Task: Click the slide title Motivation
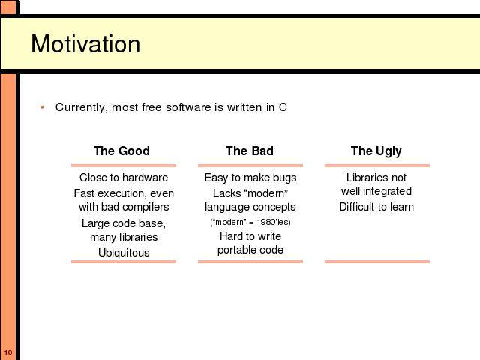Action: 85,44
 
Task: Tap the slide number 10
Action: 8,352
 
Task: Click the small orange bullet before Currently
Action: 42,107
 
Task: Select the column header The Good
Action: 121,151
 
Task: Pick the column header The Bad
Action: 250,151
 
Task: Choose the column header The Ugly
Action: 376,151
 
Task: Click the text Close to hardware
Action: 124,178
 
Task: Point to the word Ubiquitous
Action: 124,253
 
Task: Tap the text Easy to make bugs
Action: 250,178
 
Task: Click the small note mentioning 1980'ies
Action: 250,222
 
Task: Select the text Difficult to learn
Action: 376,207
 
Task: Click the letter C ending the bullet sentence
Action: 283,107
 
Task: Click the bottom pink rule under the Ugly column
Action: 377,262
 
